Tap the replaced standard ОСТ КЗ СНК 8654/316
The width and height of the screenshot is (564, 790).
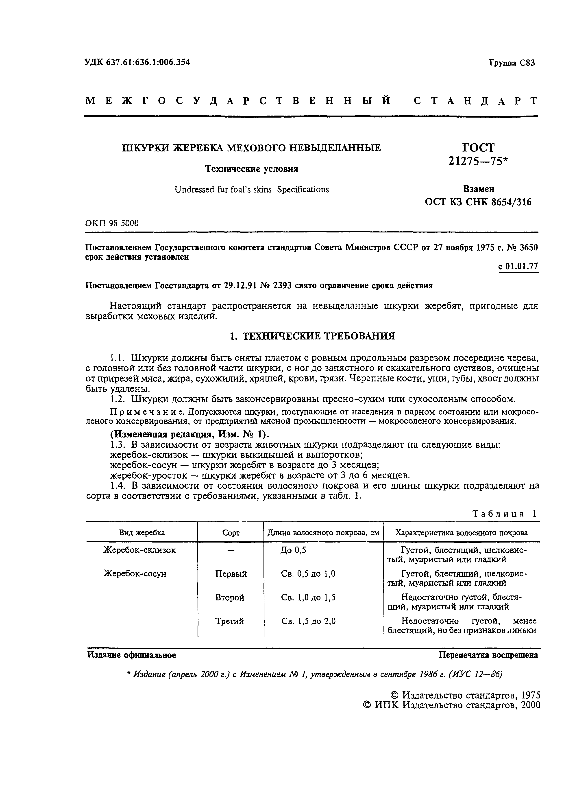pyautogui.click(x=478, y=202)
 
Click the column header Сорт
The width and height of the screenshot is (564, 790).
pyautogui.click(x=231, y=533)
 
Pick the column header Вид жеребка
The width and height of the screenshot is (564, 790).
pyautogui.click(x=142, y=533)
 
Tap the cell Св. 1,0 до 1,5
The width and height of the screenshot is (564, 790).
pyautogui.click(x=308, y=597)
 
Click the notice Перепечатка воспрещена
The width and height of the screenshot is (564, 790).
pyautogui.click(x=488, y=655)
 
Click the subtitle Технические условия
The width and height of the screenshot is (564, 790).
pyautogui.click(x=251, y=169)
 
